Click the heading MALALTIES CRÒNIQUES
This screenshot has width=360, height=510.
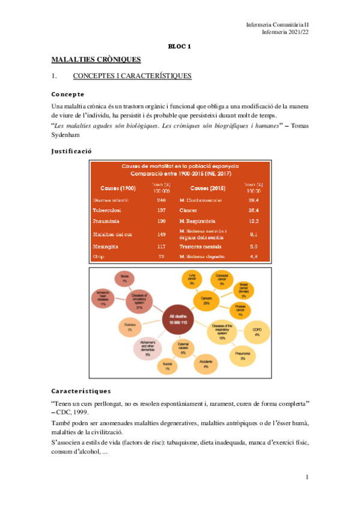96,60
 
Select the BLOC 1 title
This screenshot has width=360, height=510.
178,46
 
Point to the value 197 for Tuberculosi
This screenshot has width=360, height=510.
144,210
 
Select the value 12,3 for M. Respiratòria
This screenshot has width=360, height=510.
253,221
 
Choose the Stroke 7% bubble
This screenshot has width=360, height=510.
124,278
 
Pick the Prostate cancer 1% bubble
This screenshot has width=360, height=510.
240,311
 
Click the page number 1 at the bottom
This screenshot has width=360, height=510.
307,477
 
